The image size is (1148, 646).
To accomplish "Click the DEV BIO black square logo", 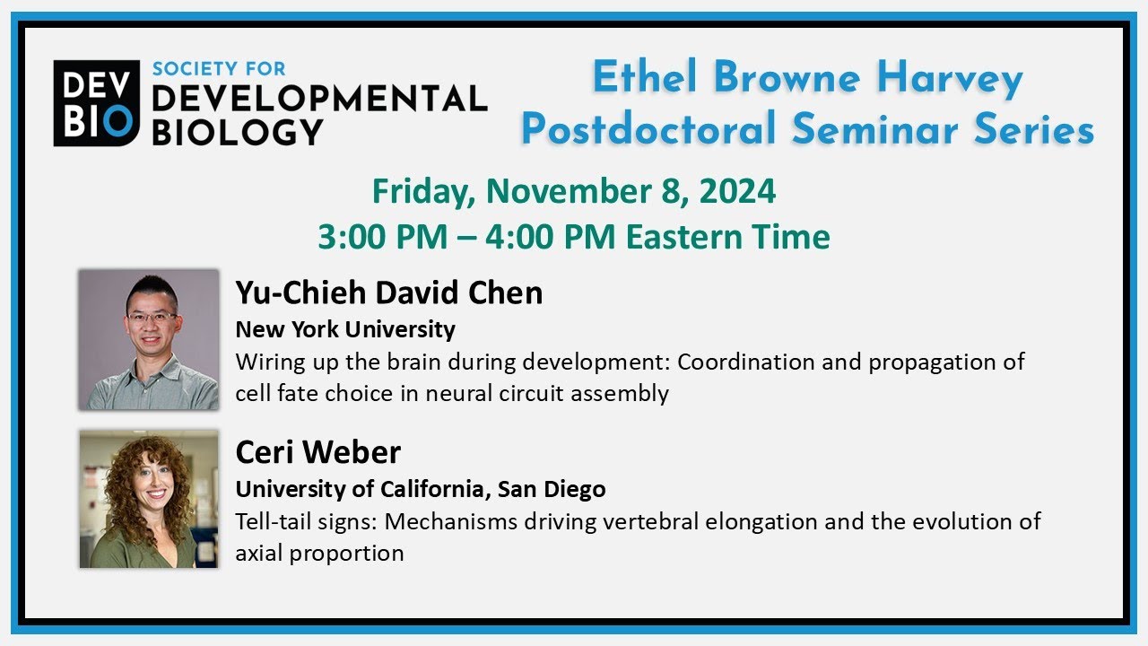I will point(96,103).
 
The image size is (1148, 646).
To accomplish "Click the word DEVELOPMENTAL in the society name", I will point(318,100).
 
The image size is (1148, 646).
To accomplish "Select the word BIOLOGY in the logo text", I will point(237,131).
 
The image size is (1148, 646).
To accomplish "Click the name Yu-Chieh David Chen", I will point(388,292).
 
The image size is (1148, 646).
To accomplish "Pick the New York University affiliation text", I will point(345,329).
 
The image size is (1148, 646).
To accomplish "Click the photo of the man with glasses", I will point(148,339).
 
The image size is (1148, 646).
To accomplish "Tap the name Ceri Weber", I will point(317,452).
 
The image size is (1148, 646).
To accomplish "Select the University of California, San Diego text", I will point(420,489).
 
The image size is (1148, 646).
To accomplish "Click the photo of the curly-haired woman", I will point(148,499).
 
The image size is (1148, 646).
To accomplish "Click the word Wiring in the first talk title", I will point(266,362).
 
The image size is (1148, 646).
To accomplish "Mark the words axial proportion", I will point(319,553).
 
